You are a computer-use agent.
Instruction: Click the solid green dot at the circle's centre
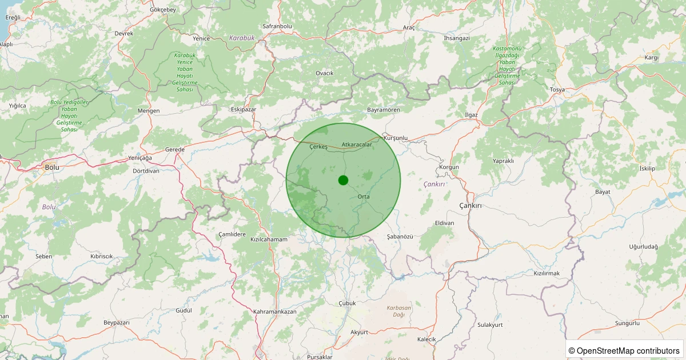click(343, 180)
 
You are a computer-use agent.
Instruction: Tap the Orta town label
click(364, 197)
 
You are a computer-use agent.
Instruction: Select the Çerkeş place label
click(318, 147)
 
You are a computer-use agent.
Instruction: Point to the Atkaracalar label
click(357, 145)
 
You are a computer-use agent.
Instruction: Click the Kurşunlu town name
click(396, 138)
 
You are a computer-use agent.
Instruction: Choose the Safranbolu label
click(277, 26)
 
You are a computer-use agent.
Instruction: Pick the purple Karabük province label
click(242, 38)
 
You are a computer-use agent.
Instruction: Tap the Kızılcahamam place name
click(269, 239)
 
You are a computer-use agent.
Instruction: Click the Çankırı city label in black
click(471, 205)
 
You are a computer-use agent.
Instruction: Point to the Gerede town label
click(174, 149)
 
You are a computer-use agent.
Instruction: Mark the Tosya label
click(557, 90)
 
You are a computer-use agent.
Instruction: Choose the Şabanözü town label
click(400, 236)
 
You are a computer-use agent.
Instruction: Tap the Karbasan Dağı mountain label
click(399, 311)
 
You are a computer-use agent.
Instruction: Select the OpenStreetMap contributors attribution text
click(625, 350)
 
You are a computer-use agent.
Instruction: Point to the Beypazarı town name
click(117, 323)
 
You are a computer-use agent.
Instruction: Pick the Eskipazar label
click(243, 109)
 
